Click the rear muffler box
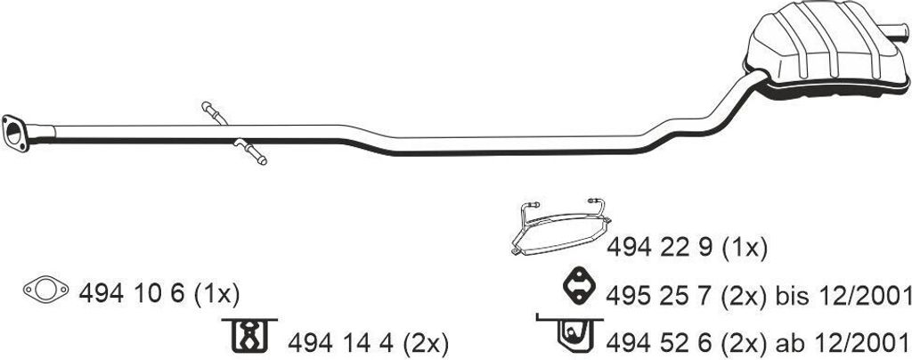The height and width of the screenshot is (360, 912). [823, 53]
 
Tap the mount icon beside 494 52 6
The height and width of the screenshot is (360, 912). [570, 332]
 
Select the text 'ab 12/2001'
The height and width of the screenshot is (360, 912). [846, 341]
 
